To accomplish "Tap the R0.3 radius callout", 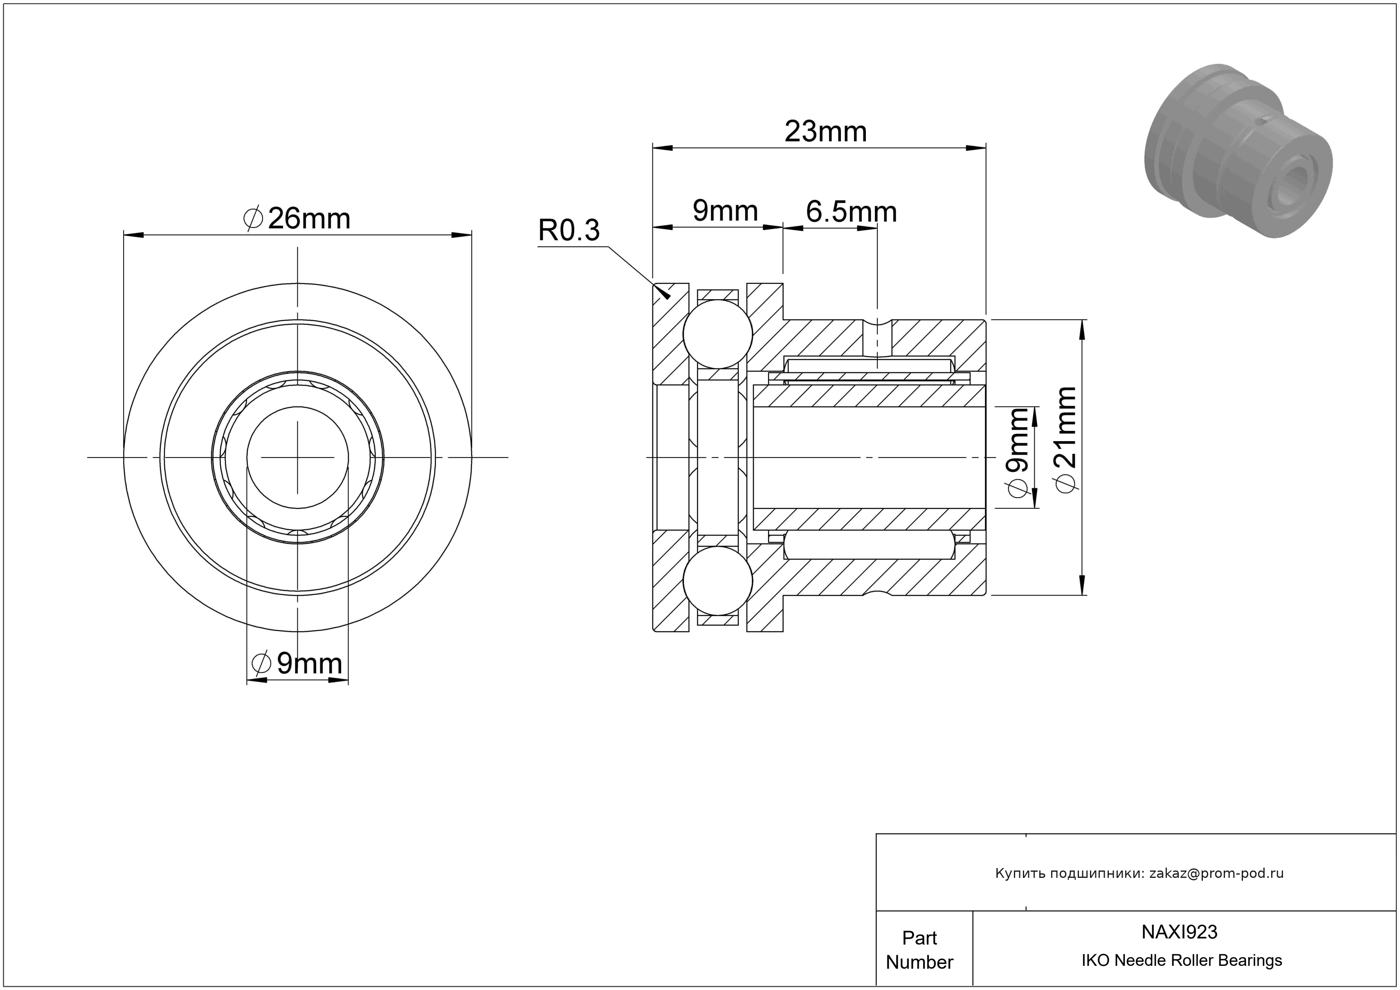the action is [x=569, y=230].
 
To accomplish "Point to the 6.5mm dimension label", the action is [x=851, y=212].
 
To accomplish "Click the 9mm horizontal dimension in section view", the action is [x=725, y=211].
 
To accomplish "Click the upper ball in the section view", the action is [x=718, y=334].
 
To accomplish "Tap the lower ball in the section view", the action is [x=718, y=581].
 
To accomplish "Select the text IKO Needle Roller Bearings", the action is [x=1182, y=961].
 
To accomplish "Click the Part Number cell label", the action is [x=919, y=950].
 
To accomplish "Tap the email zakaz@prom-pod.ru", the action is [x=1216, y=873].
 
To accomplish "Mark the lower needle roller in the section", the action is [x=869, y=545].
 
